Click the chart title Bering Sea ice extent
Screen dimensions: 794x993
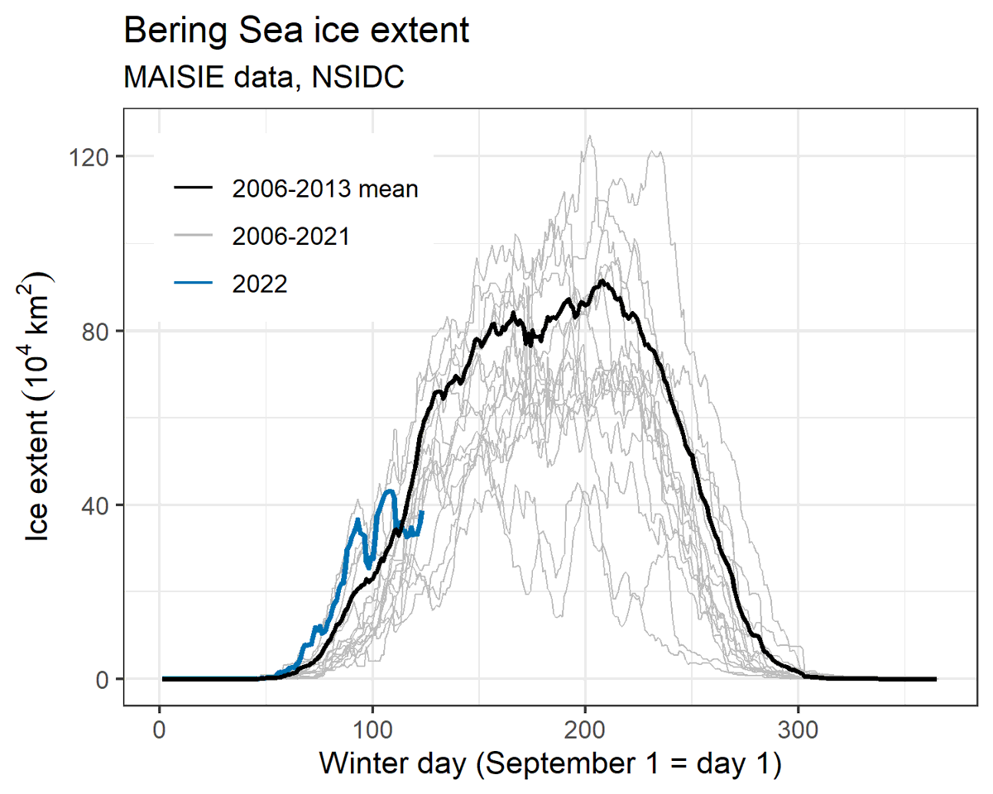click(x=296, y=31)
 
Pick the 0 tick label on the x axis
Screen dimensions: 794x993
click(x=159, y=730)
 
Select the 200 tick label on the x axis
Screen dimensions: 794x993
click(x=585, y=730)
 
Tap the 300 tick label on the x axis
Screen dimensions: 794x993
click(x=798, y=730)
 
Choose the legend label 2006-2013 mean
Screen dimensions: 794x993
click(x=325, y=189)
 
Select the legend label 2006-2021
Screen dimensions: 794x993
click(x=290, y=237)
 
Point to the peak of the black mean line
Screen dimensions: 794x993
click(x=603, y=281)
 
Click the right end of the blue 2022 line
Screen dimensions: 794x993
click(x=422, y=512)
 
